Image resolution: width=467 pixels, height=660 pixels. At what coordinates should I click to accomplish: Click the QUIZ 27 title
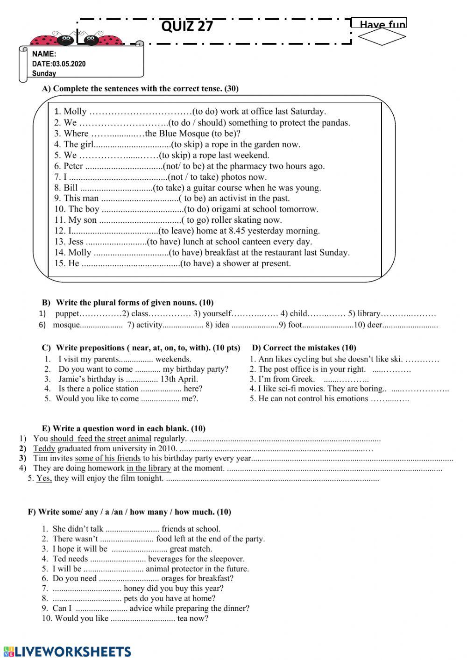click(187, 26)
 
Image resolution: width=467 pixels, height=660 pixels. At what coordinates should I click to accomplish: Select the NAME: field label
click(44, 54)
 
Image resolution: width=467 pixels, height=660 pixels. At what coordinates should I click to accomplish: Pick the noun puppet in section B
click(67, 314)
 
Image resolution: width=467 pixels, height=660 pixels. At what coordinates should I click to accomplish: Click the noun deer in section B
click(375, 325)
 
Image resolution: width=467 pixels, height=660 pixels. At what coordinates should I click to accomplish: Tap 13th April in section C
click(179, 379)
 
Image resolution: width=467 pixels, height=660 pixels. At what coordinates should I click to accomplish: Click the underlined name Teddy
click(44, 449)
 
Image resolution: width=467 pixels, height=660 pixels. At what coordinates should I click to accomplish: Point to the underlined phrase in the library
click(149, 468)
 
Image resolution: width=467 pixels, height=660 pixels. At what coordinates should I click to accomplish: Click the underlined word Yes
click(44, 478)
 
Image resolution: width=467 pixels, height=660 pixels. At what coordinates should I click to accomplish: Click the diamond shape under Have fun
click(382, 38)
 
